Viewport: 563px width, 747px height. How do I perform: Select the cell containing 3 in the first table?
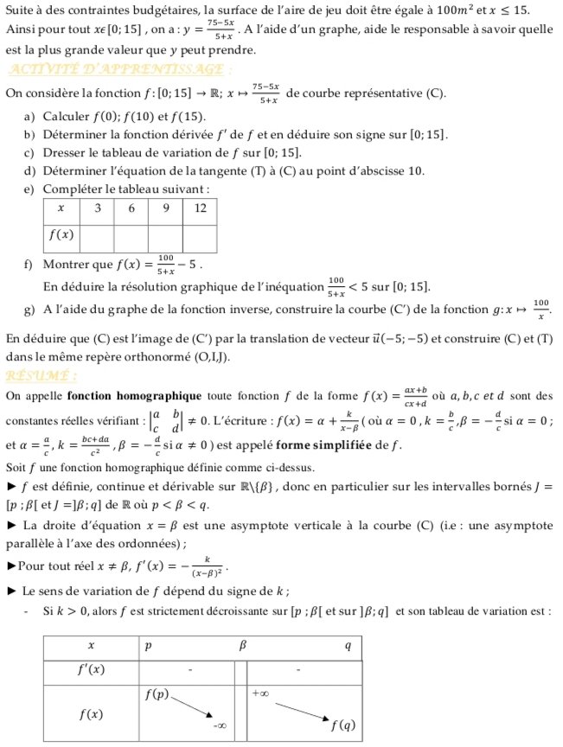click(x=97, y=209)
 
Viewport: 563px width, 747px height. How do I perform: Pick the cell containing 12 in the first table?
click(x=200, y=209)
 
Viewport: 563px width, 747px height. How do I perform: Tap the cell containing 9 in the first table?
click(x=165, y=209)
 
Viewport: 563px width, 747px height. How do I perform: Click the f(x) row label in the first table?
click(x=61, y=236)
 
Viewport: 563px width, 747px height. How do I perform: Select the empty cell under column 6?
click(x=131, y=236)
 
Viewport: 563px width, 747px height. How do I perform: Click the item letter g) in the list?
click(x=29, y=308)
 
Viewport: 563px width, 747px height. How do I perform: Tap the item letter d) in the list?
click(x=29, y=169)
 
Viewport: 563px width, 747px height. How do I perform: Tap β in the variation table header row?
click(x=243, y=646)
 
